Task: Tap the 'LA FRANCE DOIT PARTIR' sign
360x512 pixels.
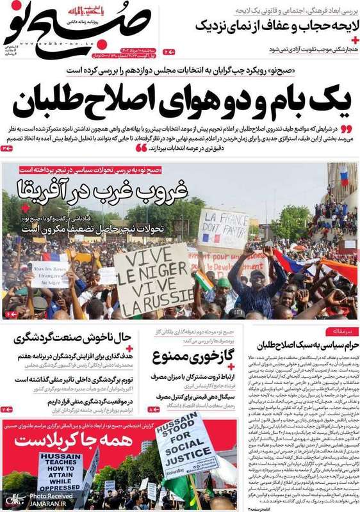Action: [x=223, y=228]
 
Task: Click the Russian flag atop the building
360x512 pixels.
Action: [x=344, y=175]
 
